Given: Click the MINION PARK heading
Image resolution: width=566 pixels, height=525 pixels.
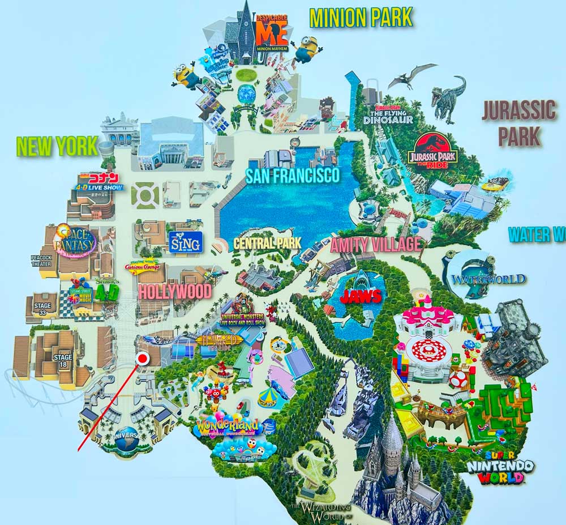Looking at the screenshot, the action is (361, 18).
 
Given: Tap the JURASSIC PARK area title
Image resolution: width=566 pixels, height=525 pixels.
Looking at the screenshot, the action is (518, 123).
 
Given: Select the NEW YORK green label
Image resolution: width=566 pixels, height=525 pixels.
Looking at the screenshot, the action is (58, 147).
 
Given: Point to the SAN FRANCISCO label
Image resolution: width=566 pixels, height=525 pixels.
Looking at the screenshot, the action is (293, 176).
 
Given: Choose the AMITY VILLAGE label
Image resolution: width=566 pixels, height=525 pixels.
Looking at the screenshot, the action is (376, 245).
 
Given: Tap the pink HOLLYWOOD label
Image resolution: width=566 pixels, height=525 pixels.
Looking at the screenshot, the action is (174, 292).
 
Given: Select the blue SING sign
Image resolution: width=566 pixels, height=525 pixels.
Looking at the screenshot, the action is (185, 243).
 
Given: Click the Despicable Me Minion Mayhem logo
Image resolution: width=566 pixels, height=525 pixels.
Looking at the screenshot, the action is (272, 32).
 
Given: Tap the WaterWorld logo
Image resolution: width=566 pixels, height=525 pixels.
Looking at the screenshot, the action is (488, 279).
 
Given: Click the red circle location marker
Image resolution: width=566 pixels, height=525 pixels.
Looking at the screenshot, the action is (142, 358).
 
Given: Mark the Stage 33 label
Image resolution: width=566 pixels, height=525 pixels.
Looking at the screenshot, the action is (42, 309).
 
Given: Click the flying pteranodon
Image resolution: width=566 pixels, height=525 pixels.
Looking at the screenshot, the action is (412, 75).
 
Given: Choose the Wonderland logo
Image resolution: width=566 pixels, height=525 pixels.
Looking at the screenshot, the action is (228, 425).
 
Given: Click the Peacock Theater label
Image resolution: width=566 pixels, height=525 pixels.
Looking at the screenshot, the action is (41, 261).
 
